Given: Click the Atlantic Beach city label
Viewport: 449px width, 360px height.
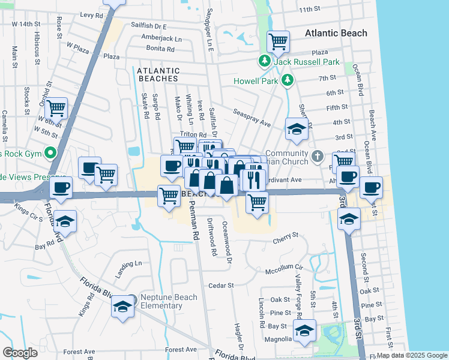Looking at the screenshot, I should point(336,34).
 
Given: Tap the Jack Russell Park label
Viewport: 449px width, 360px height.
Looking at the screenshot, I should point(307,62).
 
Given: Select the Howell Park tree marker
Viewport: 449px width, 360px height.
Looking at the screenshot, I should point(288,79).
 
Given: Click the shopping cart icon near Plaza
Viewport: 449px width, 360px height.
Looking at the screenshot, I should point(278,42).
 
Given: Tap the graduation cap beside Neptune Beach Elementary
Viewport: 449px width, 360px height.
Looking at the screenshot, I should point(123,307).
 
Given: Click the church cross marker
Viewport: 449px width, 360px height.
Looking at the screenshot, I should point(318,157).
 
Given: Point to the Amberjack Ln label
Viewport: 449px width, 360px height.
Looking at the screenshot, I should point(161,38).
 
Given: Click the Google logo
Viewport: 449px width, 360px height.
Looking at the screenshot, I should point(20,353).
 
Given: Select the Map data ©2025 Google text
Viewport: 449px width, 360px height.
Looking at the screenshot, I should point(411,355).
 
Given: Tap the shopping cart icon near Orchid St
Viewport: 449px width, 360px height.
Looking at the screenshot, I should point(56,109).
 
